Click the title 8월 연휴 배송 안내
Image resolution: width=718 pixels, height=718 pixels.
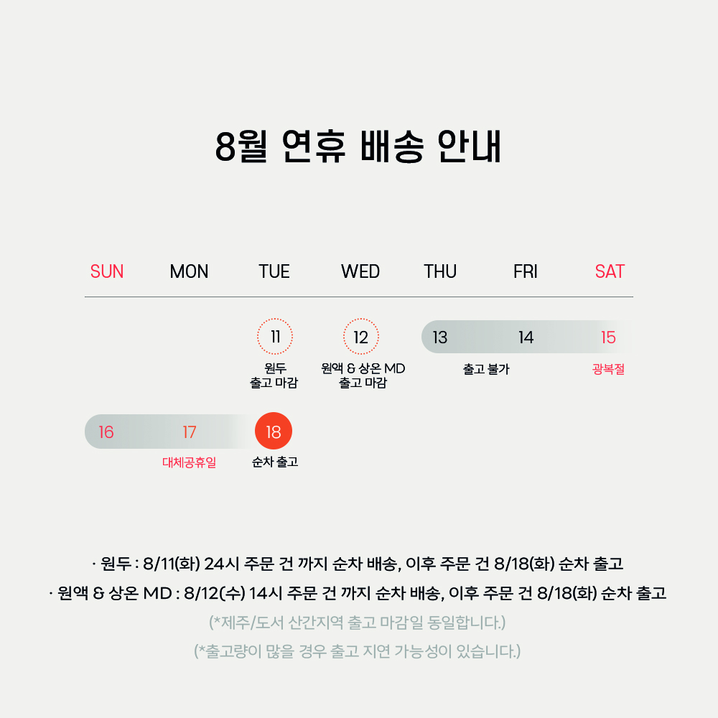(358, 146)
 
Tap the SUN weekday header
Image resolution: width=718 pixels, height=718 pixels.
(107, 271)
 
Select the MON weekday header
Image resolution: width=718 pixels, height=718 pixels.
(189, 271)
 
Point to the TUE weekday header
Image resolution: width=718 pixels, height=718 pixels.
(274, 271)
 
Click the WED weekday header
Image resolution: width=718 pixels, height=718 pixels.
(360, 271)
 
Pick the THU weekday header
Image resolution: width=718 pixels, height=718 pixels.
(440, 271)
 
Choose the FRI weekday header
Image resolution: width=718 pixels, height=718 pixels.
(526, 271)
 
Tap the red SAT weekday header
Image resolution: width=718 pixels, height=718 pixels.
(610, 271)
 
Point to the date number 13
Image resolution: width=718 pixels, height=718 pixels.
(439, 337)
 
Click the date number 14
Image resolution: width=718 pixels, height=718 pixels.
(526, 337)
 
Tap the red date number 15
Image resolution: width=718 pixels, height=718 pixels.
(608, 337)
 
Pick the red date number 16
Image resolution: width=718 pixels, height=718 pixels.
(106, 432)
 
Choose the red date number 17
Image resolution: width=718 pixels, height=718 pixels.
(189, 432)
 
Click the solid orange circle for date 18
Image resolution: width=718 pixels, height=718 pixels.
(274, 431)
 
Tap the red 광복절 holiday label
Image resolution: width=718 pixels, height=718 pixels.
(608, 368)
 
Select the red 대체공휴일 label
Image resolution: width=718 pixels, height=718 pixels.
(189, 462)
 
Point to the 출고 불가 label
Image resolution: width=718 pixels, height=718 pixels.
(486, 368)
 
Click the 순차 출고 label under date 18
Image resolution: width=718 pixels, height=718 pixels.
(275, 462)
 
